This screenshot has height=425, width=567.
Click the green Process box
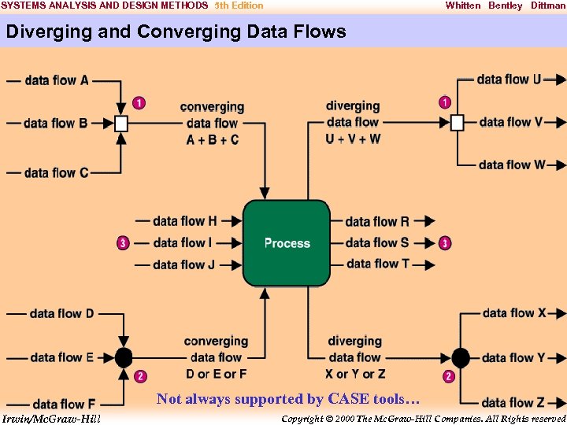287,243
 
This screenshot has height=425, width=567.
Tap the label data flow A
57,79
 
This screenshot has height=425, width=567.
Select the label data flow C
57,172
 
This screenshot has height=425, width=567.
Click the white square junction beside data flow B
120,123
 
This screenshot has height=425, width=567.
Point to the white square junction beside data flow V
457,122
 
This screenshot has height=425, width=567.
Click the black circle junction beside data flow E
124,357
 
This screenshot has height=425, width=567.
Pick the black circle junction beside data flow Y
461,358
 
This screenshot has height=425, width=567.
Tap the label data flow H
185,221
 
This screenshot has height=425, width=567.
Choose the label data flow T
378,264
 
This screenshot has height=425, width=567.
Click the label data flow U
509,79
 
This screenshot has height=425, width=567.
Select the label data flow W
512,164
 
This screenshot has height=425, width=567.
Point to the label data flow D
61,313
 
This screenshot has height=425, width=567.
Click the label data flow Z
513,403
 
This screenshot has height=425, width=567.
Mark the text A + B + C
213,139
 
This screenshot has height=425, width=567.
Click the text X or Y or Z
355,374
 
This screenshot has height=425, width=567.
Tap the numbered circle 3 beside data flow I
123,243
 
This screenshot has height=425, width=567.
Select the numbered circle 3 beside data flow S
445,243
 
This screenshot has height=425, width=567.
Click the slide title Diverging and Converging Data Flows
176,31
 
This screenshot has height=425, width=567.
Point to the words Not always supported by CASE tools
288,399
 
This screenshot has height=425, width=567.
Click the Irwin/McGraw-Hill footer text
51,418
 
